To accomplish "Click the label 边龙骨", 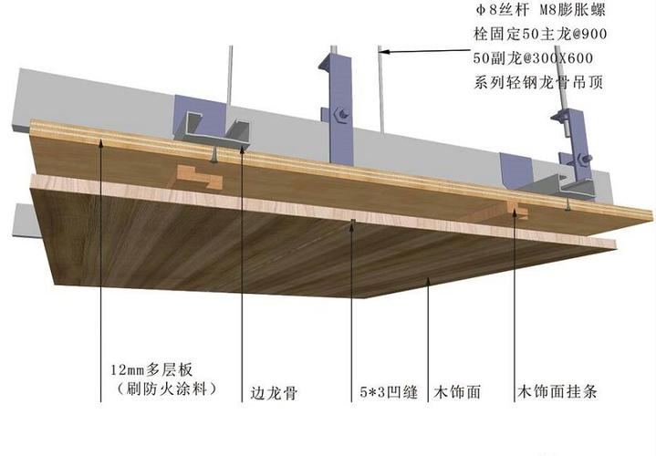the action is click(x=274, y=395).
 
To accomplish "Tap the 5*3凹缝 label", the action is click(x=388, y=395).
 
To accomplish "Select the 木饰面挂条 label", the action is click(x=557, y=395).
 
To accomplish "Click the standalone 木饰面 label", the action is click(x=459, y=395).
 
